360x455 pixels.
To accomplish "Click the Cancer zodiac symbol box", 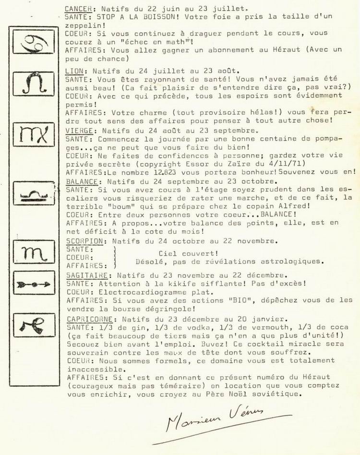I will pyautogui.click(x=34, y=42).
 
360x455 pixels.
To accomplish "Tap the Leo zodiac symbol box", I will pyautogui.click(x=34, y=84).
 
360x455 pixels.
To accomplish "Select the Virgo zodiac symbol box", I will pyautogui.click(x=34, y=135).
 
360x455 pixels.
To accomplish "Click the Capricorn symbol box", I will pyautogui.click(x=34, y=325).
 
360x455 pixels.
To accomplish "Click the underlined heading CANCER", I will pyautogui.click(x=78, y=8).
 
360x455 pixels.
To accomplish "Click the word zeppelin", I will pyautogui.click(x=81, y=25).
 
